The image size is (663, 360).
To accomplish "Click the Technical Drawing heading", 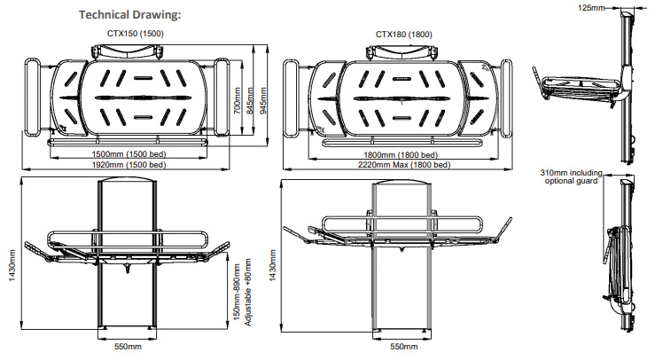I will pyautogui.click(x=130, y=15).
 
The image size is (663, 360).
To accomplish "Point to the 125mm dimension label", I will pyautogui.click(x=591, y=7).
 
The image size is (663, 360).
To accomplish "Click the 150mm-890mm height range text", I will pyautogui.click(x=238, y=293).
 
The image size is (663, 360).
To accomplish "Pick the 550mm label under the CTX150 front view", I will pyautogui.click(x=129, y=347).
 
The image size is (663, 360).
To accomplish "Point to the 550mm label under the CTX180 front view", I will pyautogui.click(x=403, y=347).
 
